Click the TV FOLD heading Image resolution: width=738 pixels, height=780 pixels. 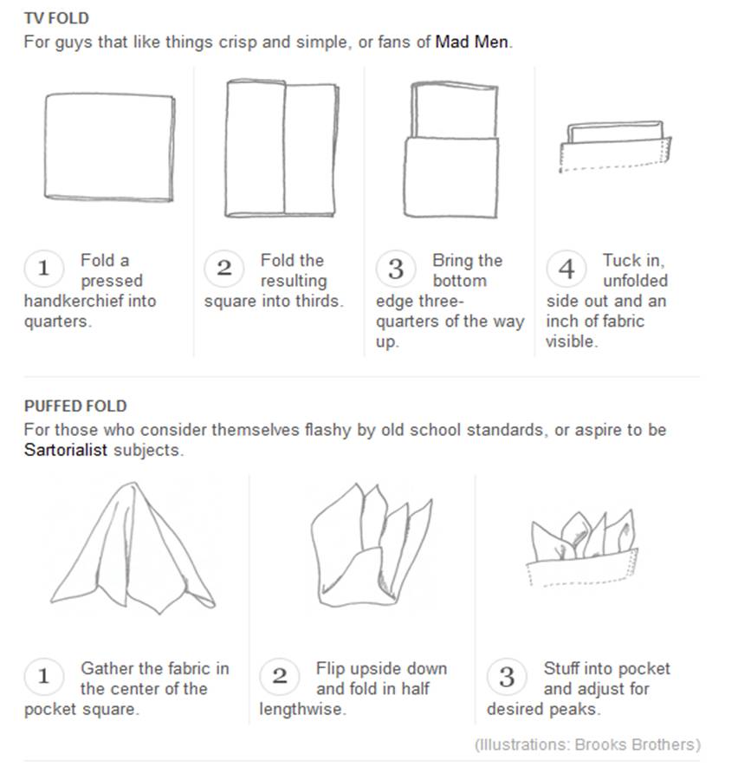pyautogui.click(x=56, y=18)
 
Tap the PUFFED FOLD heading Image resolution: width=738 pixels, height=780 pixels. pyautogui.click(x=75, y=406)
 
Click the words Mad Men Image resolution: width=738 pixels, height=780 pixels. pyautogui.click(x=471, y=42)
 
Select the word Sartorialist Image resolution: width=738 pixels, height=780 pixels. pyautogui.click(x=65, y=450)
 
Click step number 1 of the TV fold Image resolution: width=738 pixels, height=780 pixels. pyautogui.click(x=44, y=269)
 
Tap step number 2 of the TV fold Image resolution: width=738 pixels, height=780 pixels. pyautogui.click(x=223, y=269)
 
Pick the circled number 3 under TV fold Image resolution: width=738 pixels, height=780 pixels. pyautogui.click(x=396, y=269)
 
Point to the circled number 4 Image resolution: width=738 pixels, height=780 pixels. pyautogui.click(x=566, y=269)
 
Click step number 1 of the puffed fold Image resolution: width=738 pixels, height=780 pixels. pyautogui.click(x=44, y=676)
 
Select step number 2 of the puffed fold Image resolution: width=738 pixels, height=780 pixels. pyautogui.click(x=280, y=676)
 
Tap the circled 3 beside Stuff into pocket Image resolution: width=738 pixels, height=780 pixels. pyautogui.click(x=507, y=676)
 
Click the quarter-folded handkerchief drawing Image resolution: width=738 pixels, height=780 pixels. pyautogui.click(x=109, y=147)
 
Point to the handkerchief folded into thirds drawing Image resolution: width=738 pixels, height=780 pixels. pyautogui.click(x=282, y=148)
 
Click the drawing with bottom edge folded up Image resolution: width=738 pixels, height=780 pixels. pyautogui.click(x=451, y=150)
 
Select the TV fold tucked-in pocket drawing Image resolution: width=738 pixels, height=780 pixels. pyautogui.click(x=615, y=146)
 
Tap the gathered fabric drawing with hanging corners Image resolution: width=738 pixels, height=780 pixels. pyautogui.click(x=133, y=548)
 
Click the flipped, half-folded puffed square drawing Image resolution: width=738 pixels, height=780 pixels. pyautogui.click(x=372, y=545)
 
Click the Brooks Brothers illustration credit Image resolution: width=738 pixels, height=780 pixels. pyautogui.click(x=587, y=744)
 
